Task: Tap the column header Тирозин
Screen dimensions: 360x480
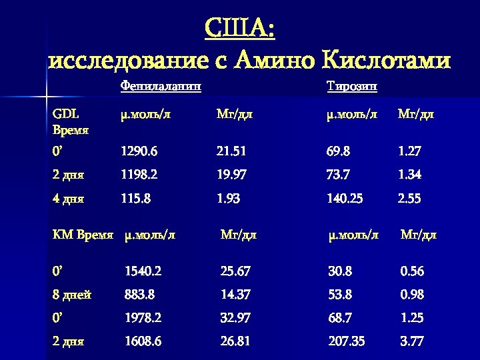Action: pyautogui.click(x=353, y=86)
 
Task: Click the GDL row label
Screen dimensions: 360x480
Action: pyautogui.click(x=65, y=114)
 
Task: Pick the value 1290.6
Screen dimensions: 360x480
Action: pyautogui.click(x=139, y=151)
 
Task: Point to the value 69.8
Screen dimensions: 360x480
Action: pyautogui.click(x=339, y=151)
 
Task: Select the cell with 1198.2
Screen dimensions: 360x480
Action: pyautogui.click(x=139, y=175)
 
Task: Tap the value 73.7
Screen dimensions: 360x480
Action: pyautogui.click(x=339, y=175)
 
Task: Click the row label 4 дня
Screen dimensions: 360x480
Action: pyautogui.click(x=69, y=198)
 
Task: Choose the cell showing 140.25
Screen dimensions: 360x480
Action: pyautogui.click(x=345, y=198)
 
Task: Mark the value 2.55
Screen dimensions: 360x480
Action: pyautogui.click(x=409, y=198)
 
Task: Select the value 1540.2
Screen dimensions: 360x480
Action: pyautogui.click(x=143, y=271)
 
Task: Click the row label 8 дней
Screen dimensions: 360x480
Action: pyautogui.click(x=72, y=295)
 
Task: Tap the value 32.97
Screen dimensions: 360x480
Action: pyautogui.click(x=235, y=318)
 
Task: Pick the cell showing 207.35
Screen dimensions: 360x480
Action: pyautogui.click(x=347, y=341)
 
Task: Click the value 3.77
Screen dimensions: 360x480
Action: pyautogui.click(x=412, y=341)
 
